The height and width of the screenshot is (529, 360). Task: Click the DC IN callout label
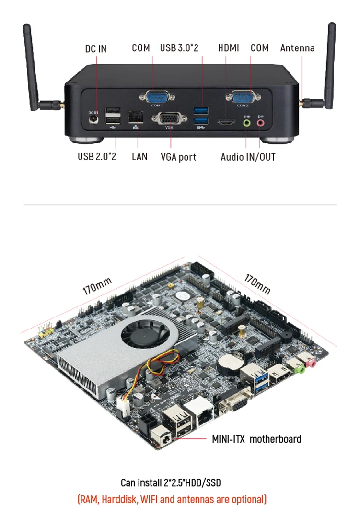tap(96, 49)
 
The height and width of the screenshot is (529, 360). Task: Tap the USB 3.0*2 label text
tap(179, 48)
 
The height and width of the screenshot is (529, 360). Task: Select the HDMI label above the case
tap(228, 48)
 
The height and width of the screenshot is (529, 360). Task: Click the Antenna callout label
tap(297, 48)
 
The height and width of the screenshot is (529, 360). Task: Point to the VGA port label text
tap(178, 157)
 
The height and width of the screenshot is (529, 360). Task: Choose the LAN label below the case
tap(139, 156)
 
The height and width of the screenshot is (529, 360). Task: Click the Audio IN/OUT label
tap(248, 157)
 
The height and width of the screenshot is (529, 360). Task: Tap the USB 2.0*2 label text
tap(97, 156)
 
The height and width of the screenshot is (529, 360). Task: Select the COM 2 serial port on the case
tap(243, 97)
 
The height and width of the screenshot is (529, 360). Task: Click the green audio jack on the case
tap(247, 123)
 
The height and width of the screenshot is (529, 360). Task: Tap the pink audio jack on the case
tap(261, 123)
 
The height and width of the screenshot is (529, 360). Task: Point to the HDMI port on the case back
tap(226, 123)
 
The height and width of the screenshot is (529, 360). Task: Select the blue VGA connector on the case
tap(169, 119)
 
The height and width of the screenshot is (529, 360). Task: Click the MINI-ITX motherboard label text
tap(256, 439)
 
